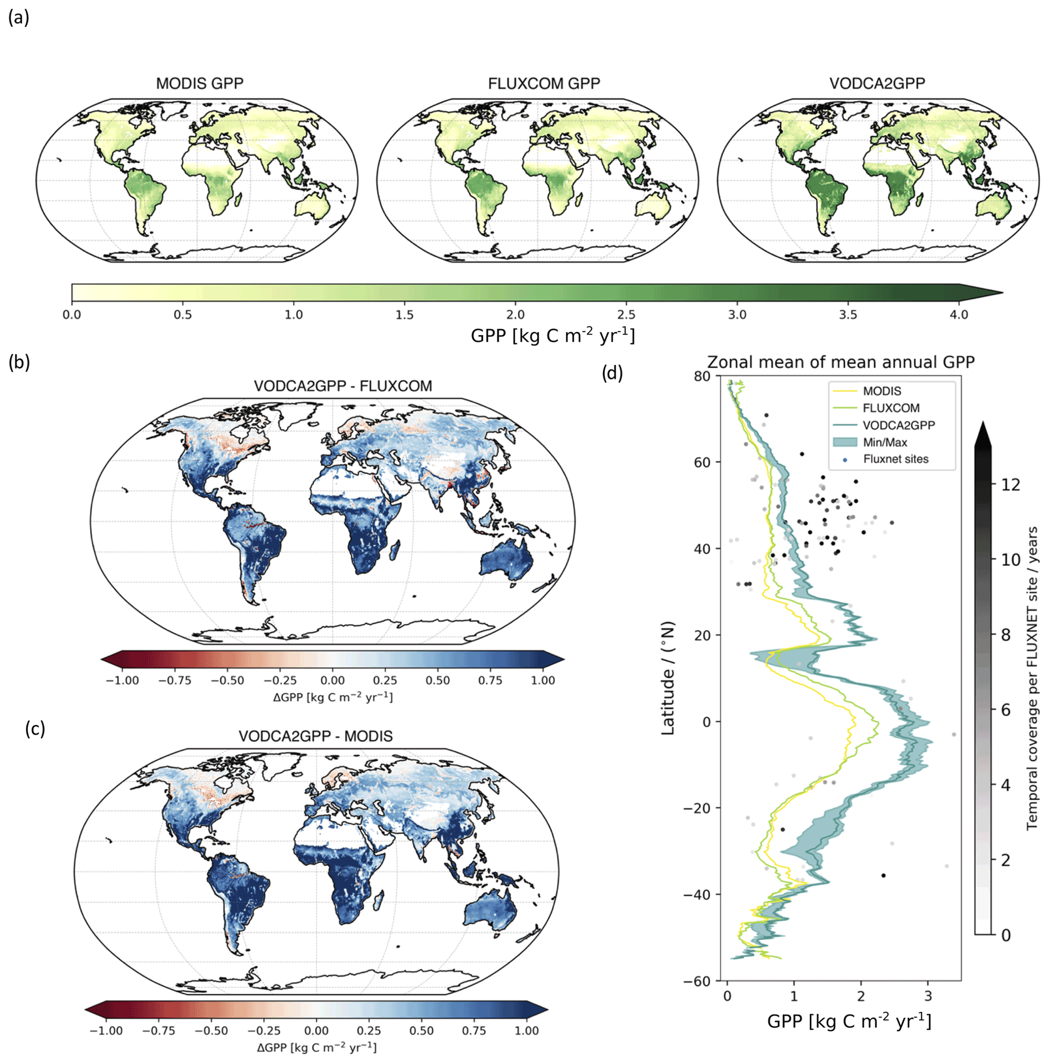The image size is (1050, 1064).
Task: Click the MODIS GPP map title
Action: pyautogui.click(x=199, y=84)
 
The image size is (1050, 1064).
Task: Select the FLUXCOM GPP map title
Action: pyautogui.click(x=544, y=84)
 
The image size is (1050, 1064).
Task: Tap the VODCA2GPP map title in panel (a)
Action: pyautogui.click(x=877, y=84)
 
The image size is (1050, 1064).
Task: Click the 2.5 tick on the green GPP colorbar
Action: pyautogui.click(x=626, y=315)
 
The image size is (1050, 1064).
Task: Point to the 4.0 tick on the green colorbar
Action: pyautogui.click(x=959, y=315)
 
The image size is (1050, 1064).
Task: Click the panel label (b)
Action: pyautogui.click(x=19, y=362)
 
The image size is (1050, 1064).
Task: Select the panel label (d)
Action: pyautogui.click(x=612, y=373)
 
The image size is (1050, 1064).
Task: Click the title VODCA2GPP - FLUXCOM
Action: pyautogui.click(x=343, y=386)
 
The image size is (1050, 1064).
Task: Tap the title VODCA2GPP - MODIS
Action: pyautogui.click(x=315, y=736)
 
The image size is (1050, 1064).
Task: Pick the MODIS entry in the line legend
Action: pyautogui.click(x=882, y=391)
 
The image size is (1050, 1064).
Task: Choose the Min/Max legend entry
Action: pyautogui.click(x=884, y=442)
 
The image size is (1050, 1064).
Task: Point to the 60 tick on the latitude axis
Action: pyautogui.click(x=702, y=463)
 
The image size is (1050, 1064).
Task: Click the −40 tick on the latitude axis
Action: pyautogui.click(x=697, y=894)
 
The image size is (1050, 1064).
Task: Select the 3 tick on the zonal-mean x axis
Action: pyautogui.click(x=928, y=996)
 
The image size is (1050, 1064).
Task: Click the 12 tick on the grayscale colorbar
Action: pyautogui.click(x=1010, y=484)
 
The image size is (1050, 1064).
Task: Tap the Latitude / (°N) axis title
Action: pyautogui.click(x=667, y=679)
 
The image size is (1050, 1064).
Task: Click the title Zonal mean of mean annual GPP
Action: pyautogui.click(x=840, y=362)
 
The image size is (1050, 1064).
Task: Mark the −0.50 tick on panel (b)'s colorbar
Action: pyautogui.click(x=227, y=680)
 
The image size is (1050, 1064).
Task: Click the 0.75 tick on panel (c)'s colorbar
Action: pyautogui.click(x=474, y=1030)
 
